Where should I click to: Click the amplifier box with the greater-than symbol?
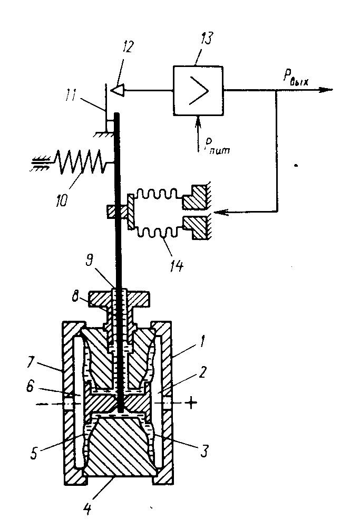[198, 90]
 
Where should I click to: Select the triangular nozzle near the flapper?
[117, 90]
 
